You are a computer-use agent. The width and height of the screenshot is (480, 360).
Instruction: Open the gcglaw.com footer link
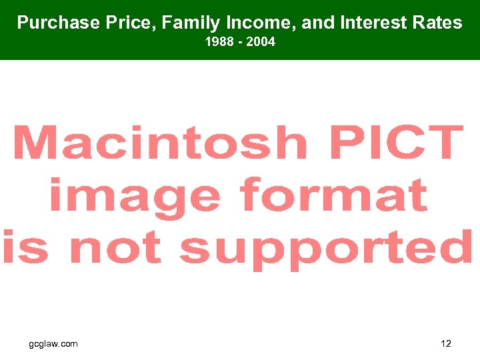tap(53, 343)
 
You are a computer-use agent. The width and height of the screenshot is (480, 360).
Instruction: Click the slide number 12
tap(446, 343)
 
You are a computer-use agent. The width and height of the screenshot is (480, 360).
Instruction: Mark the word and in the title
tap(316, 23)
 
